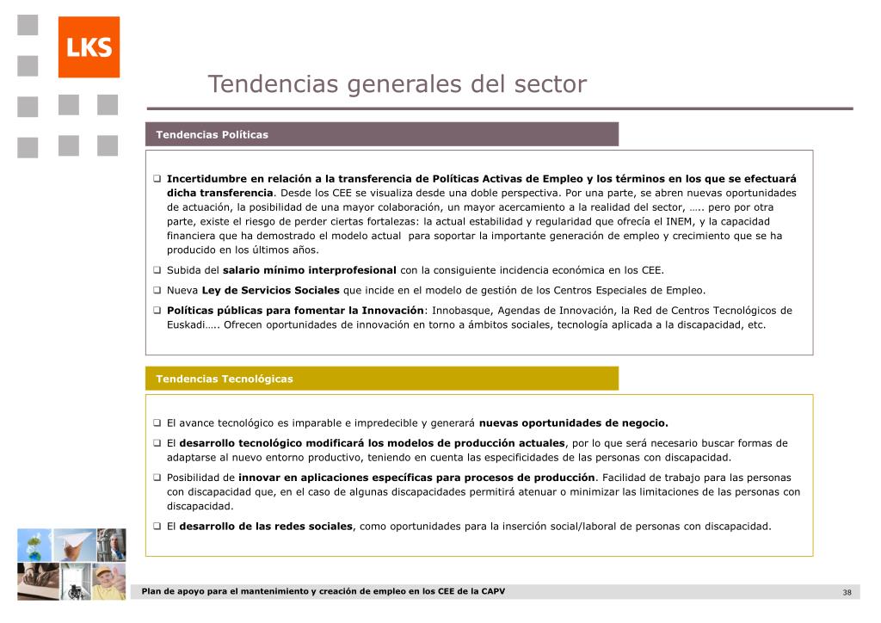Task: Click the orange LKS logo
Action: (x=89, y=47)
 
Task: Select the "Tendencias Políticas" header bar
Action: (x=382, y=134)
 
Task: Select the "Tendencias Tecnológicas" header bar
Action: (x=382, y=379)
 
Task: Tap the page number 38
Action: (x=847, y=592)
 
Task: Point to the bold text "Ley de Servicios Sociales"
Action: (x=271, y=290)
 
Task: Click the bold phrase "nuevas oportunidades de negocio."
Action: (x=573, y=423)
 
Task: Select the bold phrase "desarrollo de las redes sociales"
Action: (x=266, y=526)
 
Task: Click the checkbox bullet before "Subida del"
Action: (x=157, y=269)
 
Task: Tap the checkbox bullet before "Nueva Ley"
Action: (x=157, y=290)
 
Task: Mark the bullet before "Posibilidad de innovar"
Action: (x=157, y=478)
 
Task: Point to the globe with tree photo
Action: (x=34, y=545)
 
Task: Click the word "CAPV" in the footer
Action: (x=492, y=591)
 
